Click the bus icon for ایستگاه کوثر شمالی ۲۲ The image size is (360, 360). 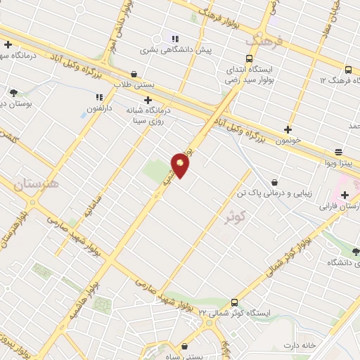coord(234,300)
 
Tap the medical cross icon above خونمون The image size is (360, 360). coord(288,129)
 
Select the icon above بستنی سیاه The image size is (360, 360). coord(184,346)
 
